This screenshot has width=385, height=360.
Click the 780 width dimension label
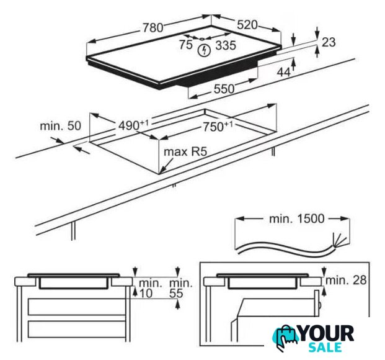coord(153,27)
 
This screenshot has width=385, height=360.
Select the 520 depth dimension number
coord(247,25)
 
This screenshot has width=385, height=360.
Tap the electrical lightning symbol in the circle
coord(205,50)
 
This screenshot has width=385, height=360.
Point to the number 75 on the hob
coord(185,45)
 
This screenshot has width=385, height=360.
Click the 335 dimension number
coord(226,45)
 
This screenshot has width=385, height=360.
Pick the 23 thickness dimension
coord(329,42)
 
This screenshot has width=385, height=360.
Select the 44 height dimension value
coord(283,72)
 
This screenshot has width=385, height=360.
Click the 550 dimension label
coord(224,89)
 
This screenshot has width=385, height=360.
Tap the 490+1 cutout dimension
coord(133,125)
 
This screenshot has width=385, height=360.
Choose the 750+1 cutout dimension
coord(218,127)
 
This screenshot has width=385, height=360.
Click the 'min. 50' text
coord(60,126)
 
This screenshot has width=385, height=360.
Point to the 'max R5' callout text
coord(185,151)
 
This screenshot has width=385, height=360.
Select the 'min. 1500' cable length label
coord(296,218)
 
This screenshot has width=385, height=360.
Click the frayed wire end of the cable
coord(339,240)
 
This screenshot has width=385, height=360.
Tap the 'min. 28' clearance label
coord(346,280)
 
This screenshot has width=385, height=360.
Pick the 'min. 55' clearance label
coord(180,288)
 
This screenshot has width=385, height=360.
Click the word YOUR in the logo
coord(327,333)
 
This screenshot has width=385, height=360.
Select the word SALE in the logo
coord(325,347)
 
